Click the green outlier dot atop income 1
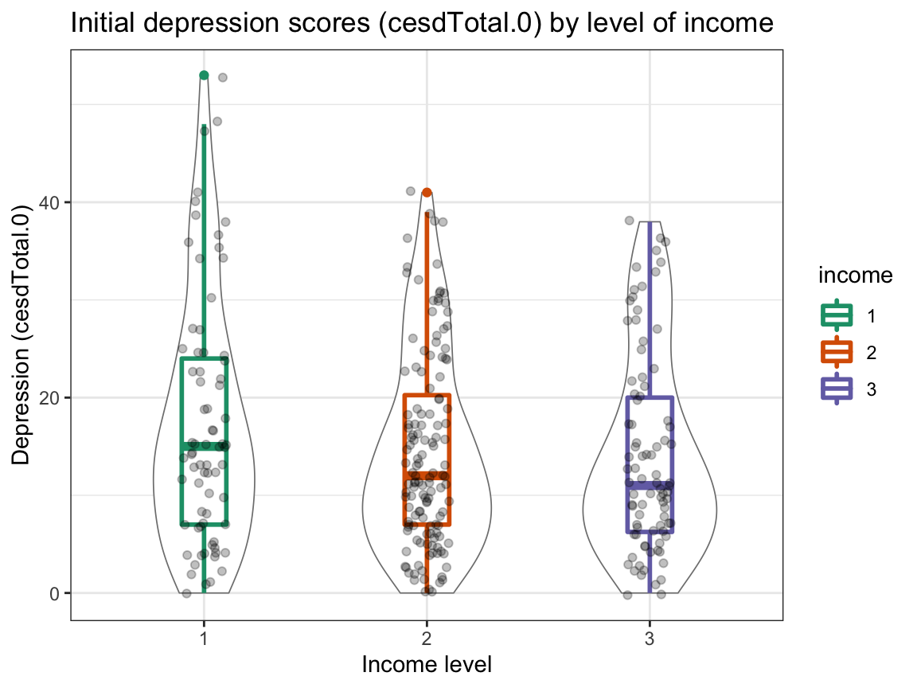(204, 75)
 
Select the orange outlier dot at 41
(427, 192)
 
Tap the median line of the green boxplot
(204, 446)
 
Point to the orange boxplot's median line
(427, 475)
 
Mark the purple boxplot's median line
(650, 484)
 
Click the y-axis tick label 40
(50, 202)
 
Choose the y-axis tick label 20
(50, 397)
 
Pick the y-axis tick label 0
(55, 593)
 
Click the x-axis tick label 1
(204, 638)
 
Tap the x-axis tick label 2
(427, 638)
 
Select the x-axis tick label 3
(650, 638)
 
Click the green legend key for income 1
(837, 316)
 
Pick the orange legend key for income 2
(837, 352)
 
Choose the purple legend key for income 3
(837, 389)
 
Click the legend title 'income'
(854, 276)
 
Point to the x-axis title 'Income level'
(427, 664)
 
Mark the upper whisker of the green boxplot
(204, 239)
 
